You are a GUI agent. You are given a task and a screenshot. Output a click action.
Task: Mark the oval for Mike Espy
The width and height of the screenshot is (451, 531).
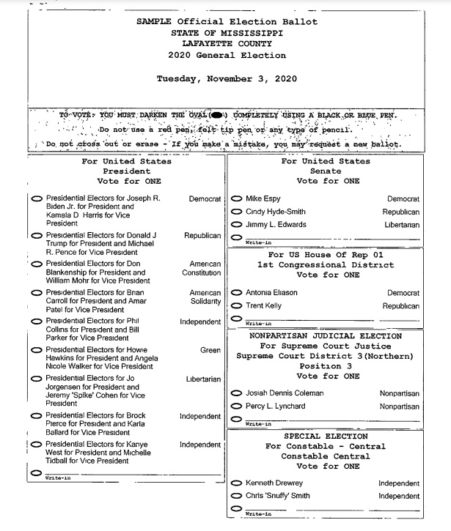[x=236, y=198]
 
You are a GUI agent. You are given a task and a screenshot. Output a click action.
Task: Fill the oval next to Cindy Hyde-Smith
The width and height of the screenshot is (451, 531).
[x=236, y=212]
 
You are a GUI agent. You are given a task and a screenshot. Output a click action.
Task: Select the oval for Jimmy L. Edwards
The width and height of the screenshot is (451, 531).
[x=236, y=224]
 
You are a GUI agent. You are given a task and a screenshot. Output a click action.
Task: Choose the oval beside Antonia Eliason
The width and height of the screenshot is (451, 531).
[x=236, y=292]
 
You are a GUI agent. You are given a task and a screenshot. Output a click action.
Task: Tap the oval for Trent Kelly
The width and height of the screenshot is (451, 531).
[x=236, y=305]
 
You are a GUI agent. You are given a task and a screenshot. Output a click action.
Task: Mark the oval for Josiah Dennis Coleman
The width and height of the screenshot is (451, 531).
[x=236, y=393]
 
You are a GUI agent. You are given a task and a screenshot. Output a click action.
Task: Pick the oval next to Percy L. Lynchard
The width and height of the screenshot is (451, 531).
[x=236, y=406]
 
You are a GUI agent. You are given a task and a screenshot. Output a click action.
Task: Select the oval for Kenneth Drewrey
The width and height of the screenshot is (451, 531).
[x=236, y=483]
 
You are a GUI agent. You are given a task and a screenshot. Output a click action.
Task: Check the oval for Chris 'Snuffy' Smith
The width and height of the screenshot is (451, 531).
[x=236, y=496]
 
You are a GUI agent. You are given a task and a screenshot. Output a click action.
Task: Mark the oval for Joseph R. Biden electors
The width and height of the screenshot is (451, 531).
[x=37, y=198]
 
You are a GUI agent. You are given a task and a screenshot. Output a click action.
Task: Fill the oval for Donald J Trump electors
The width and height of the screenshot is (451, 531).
[x=37, y=236]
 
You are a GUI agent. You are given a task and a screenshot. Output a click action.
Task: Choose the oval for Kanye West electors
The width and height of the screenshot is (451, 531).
[x=37, y=445]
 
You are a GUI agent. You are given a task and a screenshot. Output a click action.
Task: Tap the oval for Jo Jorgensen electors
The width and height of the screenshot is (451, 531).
[x=37, y=379]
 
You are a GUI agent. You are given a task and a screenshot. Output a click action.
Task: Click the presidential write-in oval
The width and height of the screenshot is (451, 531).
[x=37, y=472]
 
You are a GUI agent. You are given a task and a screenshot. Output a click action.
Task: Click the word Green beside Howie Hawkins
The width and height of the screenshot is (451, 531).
[x=210, y=351]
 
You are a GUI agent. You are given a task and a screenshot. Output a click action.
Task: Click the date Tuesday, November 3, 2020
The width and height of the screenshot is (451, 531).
[x=227, y=78]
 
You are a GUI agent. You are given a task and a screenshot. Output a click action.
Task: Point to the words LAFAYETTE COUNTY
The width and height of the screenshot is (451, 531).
[x=227, y=44]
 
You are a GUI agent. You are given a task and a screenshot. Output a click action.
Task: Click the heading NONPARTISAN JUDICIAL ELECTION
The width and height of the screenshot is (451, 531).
[x=326, y=336]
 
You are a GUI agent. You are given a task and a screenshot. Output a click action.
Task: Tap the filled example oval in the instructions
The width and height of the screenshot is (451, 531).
[x=217, y=116]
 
